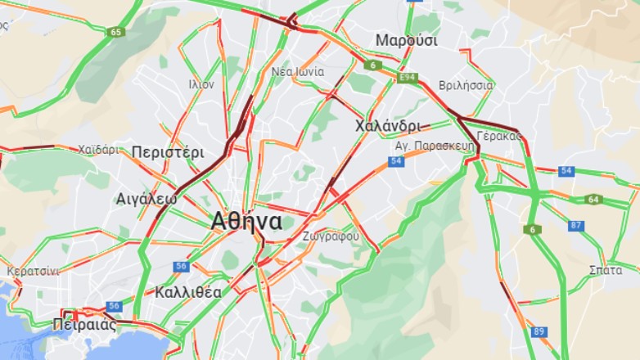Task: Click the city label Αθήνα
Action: tap(246, 222)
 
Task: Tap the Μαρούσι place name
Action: tap(407, 40)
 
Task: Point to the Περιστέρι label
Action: tap(167, 152)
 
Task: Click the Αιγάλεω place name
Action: tap(146, 199)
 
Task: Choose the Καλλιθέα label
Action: tap(187, 292)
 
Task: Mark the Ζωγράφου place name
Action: tap(331, 236)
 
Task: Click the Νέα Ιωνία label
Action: tap(298, 72)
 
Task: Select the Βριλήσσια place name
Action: tap(466, 85)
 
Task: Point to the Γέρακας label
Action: tap(498, 136)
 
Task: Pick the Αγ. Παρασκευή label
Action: tap(424, 144)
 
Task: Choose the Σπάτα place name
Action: tap(605, 270)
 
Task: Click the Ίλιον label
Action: tap(201, 83)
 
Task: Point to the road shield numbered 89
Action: tap(539, 331)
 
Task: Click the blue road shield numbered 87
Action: tap(576, 226)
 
